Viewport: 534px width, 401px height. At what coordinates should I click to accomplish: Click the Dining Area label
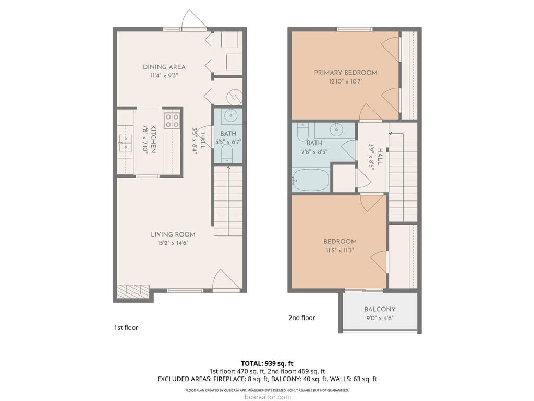pos(164,67)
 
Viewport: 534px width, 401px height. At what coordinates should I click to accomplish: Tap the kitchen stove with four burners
pos(172,121)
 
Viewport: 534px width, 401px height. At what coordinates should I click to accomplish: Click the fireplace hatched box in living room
pos(133,290)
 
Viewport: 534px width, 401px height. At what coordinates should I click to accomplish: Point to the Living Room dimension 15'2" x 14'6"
pos(173,243)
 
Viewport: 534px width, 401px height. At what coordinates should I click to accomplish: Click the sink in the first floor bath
pos(231,115)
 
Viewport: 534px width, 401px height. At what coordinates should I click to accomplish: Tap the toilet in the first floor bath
pos(227,154)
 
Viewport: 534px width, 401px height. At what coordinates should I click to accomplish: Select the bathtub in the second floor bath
pos(311,180)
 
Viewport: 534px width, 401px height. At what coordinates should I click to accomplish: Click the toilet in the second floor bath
pos(302,132)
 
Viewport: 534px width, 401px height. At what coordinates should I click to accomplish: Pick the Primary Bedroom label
pos(346,72)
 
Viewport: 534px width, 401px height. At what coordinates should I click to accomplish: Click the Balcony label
pos(380,309)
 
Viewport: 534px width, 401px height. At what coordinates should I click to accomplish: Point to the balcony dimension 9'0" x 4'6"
pos(380,318)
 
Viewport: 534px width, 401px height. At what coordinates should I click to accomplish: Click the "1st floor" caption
pos(126,328)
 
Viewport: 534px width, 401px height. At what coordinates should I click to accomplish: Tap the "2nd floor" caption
pos(302,318)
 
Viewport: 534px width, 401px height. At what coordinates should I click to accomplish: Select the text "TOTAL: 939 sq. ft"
pos(267,363)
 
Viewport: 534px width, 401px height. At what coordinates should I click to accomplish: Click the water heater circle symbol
pos(235,97)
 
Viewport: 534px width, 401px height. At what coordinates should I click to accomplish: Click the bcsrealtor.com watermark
pos(268,397)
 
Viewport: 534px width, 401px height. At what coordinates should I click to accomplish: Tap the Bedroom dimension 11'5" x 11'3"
pos(340,250)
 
